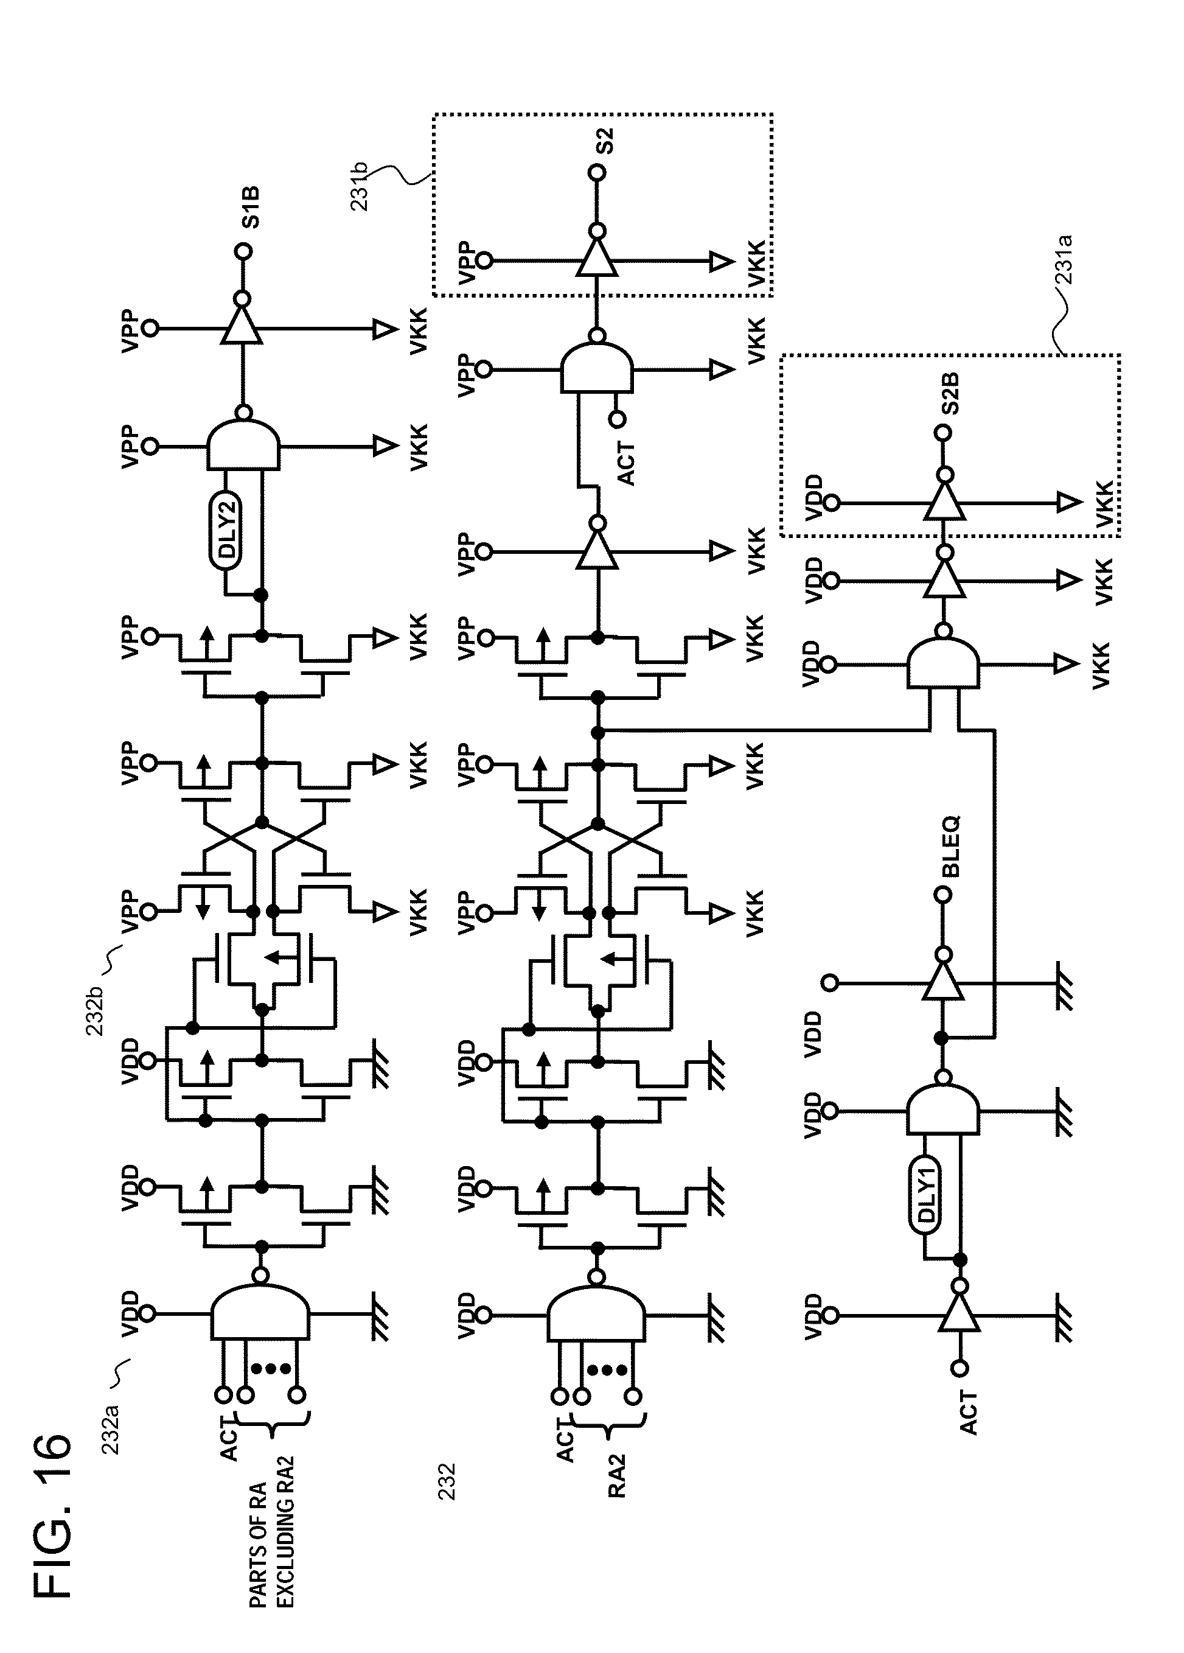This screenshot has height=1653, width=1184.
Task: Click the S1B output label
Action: pyautogui.click(x=251, y=208)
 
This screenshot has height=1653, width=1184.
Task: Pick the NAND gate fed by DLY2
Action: pyautogui.click(x=243, y=446)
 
